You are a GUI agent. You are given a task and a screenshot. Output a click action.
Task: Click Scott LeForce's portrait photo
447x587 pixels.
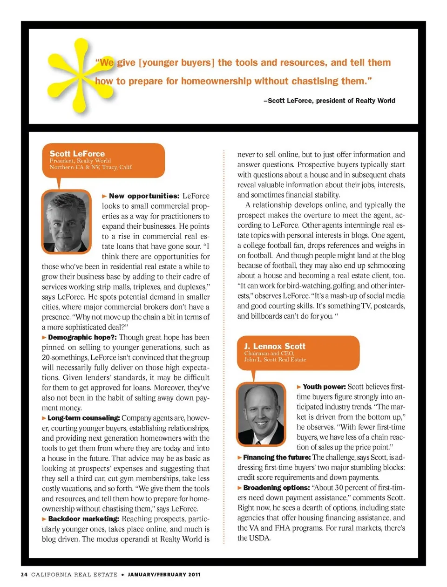(66, 222)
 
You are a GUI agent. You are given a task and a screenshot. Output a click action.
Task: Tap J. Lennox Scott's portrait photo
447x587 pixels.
(261, 414)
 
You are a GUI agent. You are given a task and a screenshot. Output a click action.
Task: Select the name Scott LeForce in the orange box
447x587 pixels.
(77, 153)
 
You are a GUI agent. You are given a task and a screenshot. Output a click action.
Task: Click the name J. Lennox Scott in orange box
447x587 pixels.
(275, 346)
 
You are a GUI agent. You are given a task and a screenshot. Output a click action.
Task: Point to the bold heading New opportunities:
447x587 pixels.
(144, 196)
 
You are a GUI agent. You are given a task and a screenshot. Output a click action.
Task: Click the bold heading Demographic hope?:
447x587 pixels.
(82, 337)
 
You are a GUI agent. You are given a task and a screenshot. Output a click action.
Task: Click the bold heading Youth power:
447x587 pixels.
(324, 387)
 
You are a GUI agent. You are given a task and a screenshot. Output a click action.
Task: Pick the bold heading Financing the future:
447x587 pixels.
(277, 457)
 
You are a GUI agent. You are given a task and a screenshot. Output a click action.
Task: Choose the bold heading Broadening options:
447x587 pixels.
(277, 488)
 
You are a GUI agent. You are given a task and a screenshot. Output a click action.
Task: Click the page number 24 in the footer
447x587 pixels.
(24, 574)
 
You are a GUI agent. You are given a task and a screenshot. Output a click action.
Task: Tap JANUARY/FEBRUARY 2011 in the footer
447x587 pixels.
(164, 574)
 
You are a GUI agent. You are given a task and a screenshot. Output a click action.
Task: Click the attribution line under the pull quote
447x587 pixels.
(329, 101)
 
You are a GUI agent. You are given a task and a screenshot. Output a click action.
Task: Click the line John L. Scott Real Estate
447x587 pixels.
(275, 360)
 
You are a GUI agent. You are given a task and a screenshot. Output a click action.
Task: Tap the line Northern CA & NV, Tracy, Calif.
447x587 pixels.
(91, 167)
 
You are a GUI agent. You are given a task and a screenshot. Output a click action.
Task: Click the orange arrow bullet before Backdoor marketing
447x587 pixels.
(44, 519)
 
